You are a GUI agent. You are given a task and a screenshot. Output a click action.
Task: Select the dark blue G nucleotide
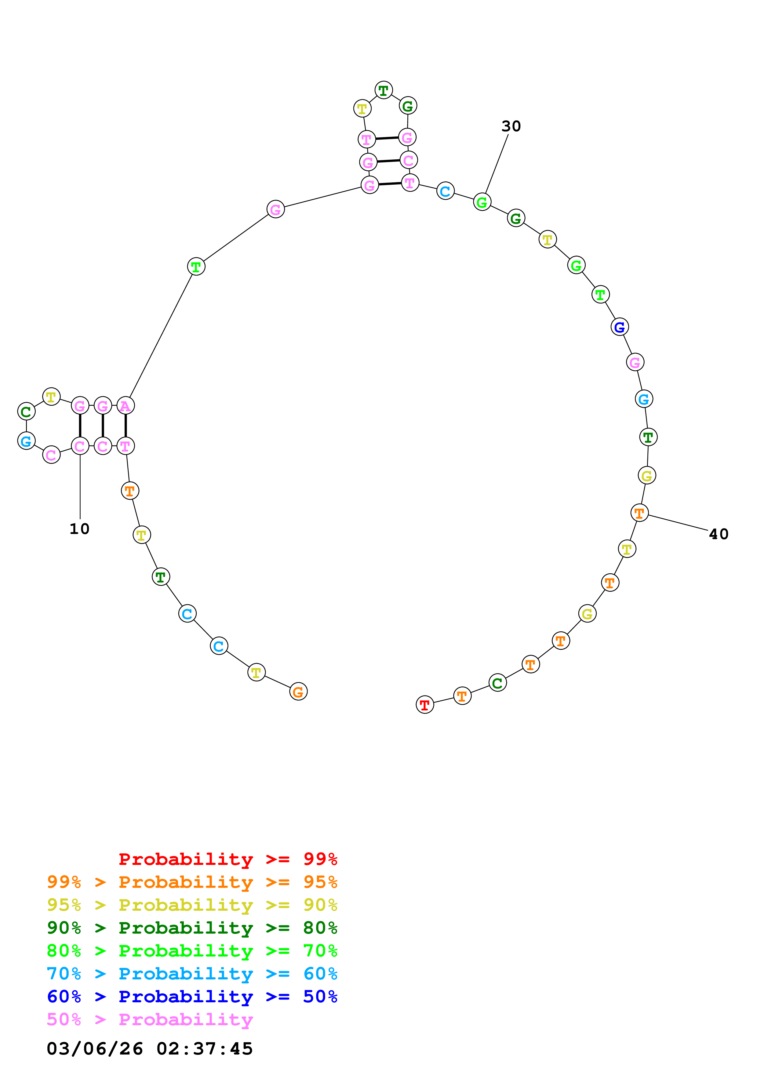click(x=619, y=327)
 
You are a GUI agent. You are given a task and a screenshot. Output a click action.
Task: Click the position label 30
click(x=511, y=126)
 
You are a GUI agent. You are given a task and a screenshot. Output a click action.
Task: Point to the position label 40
click(x=718, y=534)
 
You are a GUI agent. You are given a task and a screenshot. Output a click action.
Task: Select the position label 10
click(x=79, y=528)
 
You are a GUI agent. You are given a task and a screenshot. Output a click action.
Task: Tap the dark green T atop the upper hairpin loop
click(x=384, y=90)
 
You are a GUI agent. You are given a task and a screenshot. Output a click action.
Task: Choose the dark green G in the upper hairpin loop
click(x=408, y=106)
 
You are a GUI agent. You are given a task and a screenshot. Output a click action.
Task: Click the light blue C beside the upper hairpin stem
click(x=446, y=191)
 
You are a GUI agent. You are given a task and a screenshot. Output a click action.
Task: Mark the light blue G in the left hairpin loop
click(x=26, y=441)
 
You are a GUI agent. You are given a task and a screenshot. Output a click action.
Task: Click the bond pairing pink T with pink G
click(x=387, y=138)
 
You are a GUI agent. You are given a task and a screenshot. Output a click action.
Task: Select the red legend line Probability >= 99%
click(x=227, y=859)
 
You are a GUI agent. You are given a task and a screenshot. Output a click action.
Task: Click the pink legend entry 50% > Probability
click(x=150, y=1020)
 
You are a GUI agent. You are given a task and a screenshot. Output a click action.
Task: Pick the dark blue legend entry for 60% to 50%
click(x=192, y=997)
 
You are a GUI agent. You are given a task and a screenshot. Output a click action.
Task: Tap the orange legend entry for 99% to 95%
click(x=192, y=882)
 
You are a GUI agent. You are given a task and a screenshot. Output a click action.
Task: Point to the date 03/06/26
click(x=95, y=1049)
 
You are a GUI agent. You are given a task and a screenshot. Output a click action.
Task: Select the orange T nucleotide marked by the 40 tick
click(x=639, y=513)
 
